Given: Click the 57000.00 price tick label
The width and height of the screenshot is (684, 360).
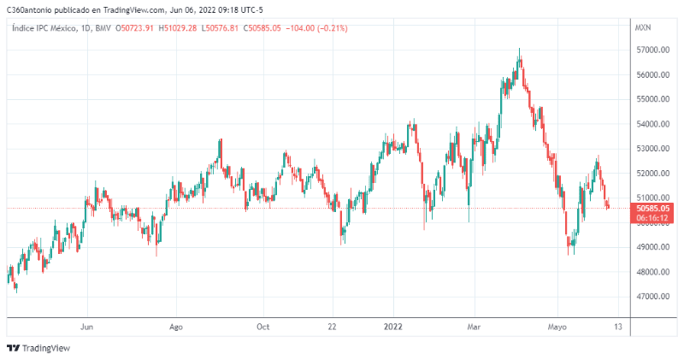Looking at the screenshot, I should (652, 50).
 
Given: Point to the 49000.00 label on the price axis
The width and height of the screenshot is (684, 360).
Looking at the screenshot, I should (652, 248).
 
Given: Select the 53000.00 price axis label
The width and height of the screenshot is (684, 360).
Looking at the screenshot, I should (652, 149).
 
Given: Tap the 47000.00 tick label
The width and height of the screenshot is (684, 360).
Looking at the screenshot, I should (652, 298).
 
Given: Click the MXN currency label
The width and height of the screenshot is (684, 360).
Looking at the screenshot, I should (643, 28).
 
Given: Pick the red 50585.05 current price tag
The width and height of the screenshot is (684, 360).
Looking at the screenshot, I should (652, 208).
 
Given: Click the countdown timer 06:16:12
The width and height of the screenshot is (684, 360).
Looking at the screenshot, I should (652, 219).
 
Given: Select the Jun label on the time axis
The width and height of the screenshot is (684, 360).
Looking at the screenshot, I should (86, 327).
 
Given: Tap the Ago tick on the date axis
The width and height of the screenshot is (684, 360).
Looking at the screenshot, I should (176, 327).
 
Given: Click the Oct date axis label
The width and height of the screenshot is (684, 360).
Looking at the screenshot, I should (263, 327).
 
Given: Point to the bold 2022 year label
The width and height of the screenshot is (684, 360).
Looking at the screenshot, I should (393, 327).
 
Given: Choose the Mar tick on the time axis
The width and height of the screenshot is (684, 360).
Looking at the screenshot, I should (475, 327).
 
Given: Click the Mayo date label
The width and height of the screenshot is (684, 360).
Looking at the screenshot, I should (557, 327).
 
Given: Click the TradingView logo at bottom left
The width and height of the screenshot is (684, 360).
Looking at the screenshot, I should (38, 348).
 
